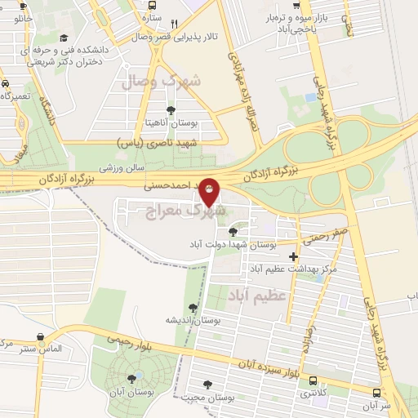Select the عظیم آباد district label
[x=258, y=294]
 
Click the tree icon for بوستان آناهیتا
[x=170, y=111]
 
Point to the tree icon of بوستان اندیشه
[x=193, y=308]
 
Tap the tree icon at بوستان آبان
[x=131, y=378]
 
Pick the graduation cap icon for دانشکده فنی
[x=64, y=37]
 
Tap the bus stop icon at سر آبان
[x=376, y=392]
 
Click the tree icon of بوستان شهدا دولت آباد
[x=233, y=232]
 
